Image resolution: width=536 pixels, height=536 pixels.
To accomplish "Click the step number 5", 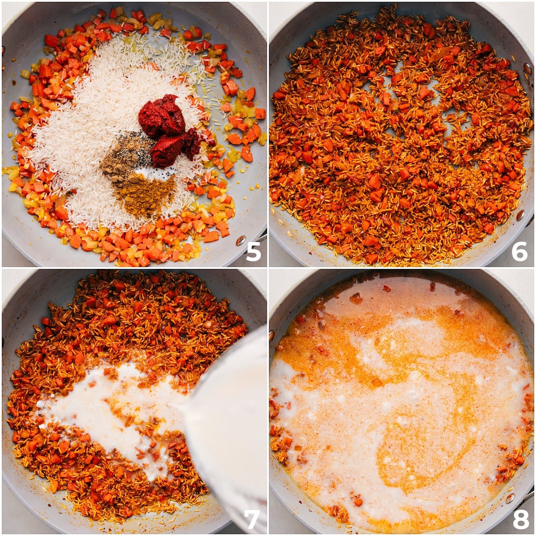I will (253, 251).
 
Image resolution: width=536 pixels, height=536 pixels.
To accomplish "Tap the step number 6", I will (519, 251).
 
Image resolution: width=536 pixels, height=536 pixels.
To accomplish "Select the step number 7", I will (252, 519).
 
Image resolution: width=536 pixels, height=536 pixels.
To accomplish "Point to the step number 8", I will (520, 519).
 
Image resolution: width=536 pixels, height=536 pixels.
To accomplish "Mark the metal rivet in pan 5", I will (242, 239).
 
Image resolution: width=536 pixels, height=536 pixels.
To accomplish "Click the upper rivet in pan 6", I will (528, 68).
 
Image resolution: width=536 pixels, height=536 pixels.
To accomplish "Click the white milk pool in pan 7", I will (103, 402).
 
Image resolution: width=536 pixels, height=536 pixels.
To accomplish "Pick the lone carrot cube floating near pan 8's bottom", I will (357, 502).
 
